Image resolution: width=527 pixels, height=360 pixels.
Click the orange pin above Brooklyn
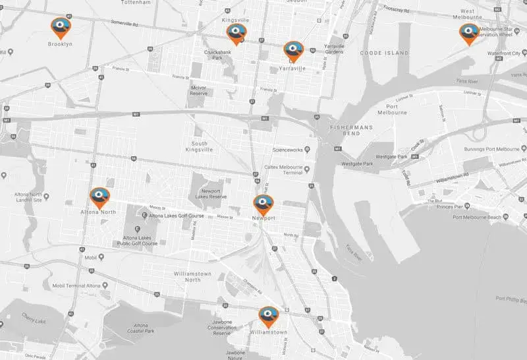pos(61,28)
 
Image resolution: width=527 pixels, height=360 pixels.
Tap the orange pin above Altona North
pos(100,196)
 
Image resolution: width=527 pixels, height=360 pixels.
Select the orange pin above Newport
pos(263,204)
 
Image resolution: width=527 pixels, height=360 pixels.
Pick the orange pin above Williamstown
pos(268,316)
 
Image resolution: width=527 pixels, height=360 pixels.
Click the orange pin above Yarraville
pos(293,50)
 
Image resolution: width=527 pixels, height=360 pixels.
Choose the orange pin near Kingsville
pos(236,34)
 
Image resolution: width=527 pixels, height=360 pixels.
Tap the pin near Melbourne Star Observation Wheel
pos(469,34)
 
